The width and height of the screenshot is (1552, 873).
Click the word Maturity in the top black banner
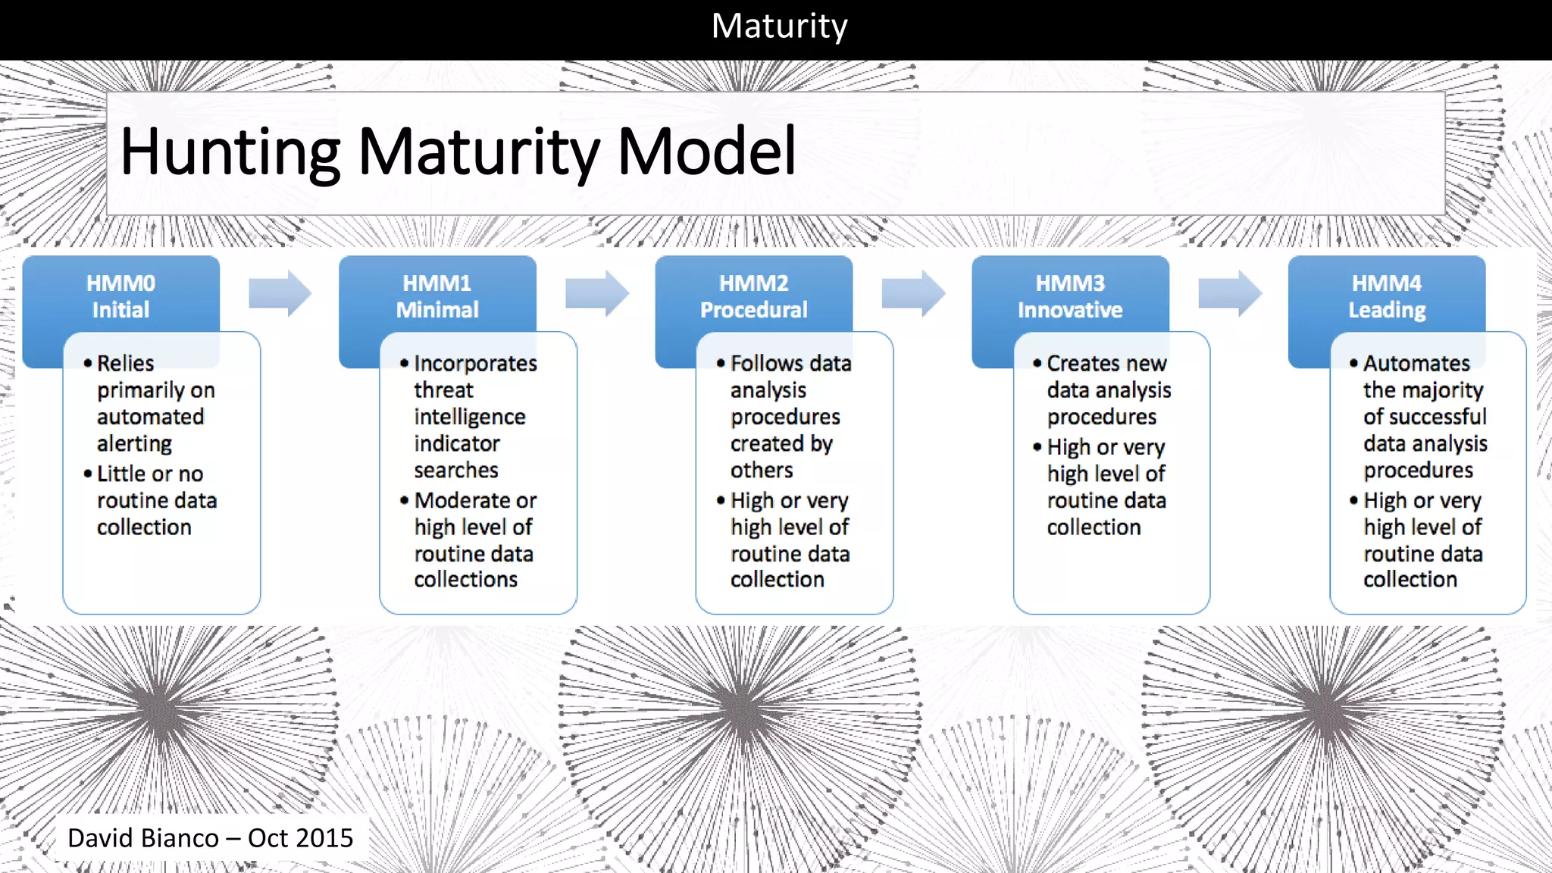[779, 27]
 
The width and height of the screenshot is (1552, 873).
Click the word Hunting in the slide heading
[230, 152]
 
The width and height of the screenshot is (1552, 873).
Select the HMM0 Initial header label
[120, 296]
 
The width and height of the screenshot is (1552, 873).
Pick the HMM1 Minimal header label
[437, 296]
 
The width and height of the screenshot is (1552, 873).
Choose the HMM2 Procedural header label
[753, 296]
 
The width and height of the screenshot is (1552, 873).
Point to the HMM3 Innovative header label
[1070, 296]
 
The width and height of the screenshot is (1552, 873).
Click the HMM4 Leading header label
[1387, 296]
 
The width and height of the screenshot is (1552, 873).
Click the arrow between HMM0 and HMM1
[280, 293]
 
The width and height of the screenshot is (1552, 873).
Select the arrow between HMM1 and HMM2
[596, 293]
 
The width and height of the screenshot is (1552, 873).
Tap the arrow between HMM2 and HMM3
[913, 293]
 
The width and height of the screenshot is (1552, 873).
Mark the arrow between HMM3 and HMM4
[1229, 293]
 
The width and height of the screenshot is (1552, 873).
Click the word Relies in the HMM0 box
[126, 364]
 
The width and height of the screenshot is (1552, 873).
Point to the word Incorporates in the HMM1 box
[475, 364]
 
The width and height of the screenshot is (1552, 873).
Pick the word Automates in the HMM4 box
[1416, 364]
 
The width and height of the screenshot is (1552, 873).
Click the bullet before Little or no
[88, 474]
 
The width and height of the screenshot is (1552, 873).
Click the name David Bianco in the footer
[143, 838]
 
